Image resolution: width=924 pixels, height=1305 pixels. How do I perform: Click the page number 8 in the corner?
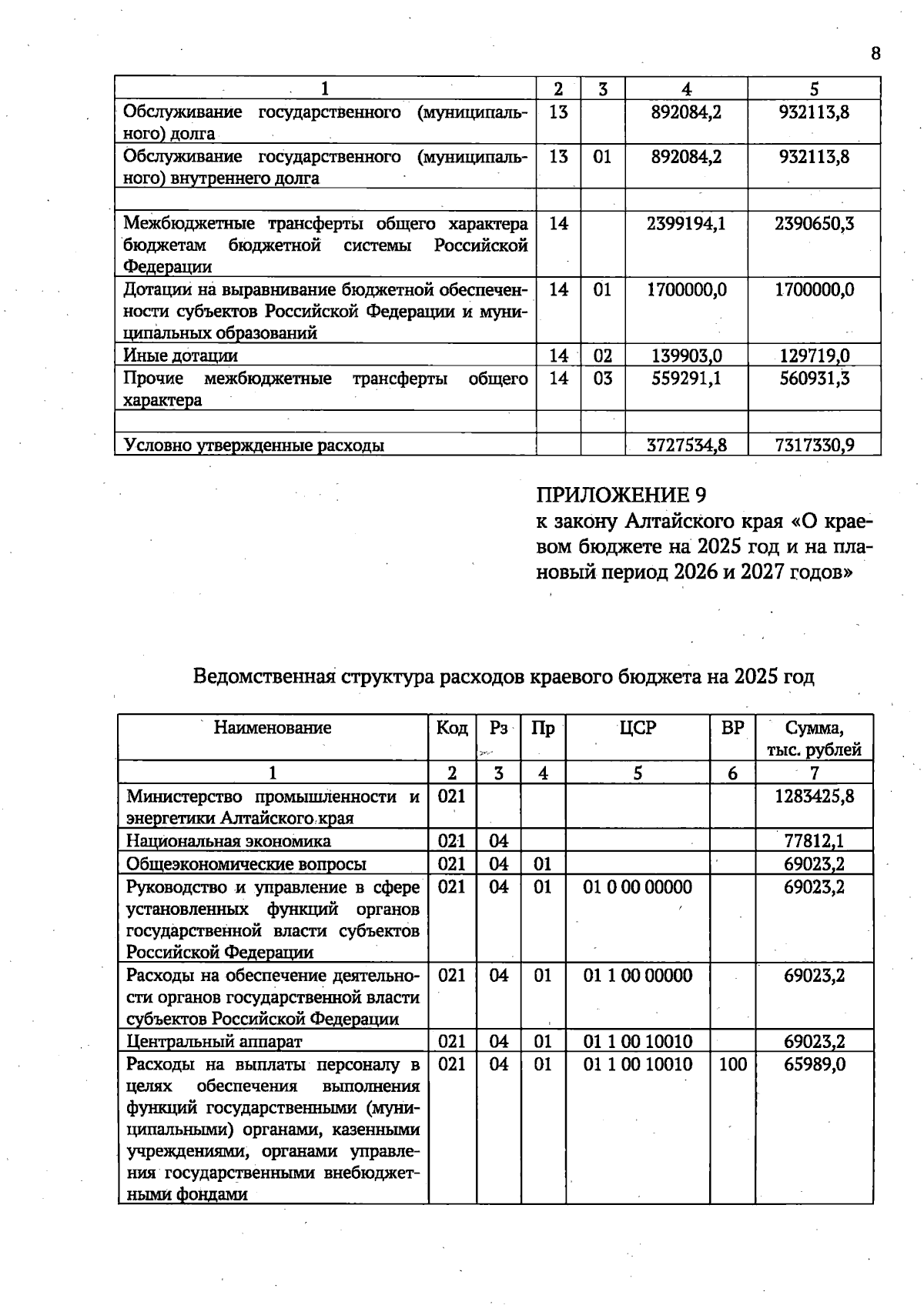(875, 53)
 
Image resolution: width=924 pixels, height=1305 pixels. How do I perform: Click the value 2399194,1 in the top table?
(686, 224)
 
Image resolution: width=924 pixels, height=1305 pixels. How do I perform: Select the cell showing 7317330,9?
(815, 445)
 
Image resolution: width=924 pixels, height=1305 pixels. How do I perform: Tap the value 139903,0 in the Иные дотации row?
(686, 355)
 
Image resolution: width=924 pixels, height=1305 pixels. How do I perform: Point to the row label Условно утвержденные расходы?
(254, 445)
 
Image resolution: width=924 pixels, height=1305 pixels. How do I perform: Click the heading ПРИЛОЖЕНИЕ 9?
(621, 495)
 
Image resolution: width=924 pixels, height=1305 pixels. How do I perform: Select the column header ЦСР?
(638, 728)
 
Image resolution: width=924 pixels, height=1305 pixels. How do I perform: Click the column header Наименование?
(273, 728)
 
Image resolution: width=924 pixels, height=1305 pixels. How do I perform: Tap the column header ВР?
(732, 728)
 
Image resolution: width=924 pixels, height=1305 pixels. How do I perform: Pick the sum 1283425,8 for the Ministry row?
(814, 796)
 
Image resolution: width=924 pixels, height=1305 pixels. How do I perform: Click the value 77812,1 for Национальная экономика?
(814, 841)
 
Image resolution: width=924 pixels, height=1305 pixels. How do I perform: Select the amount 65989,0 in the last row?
(814, 1064)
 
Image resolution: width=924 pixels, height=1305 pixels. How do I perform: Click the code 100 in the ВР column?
(732, 1064)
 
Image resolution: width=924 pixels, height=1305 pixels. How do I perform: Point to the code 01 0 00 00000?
(638, 887)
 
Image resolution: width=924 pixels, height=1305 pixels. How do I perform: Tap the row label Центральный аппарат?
(214, 1042)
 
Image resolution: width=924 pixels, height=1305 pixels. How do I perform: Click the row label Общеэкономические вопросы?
(246, 864)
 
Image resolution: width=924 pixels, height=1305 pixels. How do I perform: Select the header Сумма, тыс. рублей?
(814, 739)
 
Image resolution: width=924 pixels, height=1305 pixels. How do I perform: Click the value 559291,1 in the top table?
(686, 379)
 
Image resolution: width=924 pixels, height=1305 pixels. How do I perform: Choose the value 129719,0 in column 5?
(815, 355)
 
